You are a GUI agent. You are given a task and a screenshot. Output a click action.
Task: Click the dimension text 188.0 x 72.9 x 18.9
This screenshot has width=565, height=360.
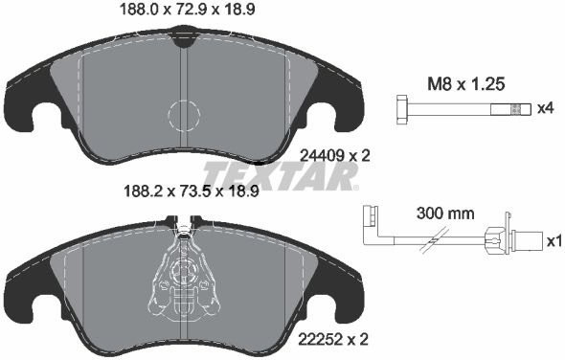click(x=187, y=10)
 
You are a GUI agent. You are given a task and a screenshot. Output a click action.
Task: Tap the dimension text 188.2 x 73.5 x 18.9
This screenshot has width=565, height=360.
click(x=192, y=191)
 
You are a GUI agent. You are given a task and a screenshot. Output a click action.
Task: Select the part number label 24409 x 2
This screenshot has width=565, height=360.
click(x=335, y=156)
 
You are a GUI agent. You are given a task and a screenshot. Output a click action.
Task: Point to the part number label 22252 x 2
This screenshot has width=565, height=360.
click(x=333, y=339)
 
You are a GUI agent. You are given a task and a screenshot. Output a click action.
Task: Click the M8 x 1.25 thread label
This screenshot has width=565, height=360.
click(x=465, y=84)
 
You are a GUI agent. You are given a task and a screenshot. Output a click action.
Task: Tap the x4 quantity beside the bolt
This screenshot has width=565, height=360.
click(x=545, y=108)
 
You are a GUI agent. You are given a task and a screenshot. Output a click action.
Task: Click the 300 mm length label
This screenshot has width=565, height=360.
click(x=445, y=214)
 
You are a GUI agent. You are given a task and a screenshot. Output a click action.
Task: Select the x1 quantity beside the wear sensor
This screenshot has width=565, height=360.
click(x=554, y=241)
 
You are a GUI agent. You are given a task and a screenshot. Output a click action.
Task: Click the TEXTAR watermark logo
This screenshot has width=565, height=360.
click(x=281, y=176)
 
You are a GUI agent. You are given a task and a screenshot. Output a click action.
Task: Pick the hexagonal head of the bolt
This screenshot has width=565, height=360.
click(x=401, y=110)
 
